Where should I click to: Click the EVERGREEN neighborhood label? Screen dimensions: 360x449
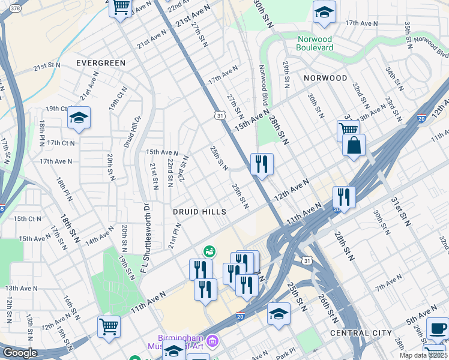coord(101,63)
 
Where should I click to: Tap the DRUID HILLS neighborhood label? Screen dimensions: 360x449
coord(199,212)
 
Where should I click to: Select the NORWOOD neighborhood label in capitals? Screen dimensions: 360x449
coord(325,78)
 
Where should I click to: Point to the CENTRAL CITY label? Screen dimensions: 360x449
coord(361,333)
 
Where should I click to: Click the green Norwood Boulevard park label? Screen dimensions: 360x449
coord(324,44)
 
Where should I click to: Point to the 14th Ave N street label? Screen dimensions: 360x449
coord(99,236)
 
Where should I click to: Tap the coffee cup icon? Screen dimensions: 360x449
coord(437,328)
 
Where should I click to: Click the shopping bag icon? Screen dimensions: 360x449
coord(354,145)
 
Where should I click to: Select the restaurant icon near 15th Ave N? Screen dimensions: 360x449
coord(262,164)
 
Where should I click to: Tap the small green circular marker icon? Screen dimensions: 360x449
coord(210,250)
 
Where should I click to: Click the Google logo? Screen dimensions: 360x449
coord(20,353)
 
